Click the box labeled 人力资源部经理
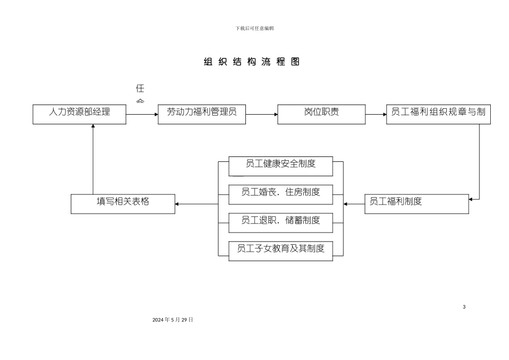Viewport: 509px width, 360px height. pos(79,114)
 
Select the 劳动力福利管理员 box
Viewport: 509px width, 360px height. pos(201,114)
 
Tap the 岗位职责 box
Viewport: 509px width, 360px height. pos(321,114)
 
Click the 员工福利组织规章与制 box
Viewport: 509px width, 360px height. pos(438,114)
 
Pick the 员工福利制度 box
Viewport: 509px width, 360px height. pos(416,203)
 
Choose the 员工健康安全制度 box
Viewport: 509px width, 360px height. pos(280,166)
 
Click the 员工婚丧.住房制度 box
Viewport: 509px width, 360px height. pos(280,194)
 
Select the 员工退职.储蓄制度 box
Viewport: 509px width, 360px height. pos(280,222)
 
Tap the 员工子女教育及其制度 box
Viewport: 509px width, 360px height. pos(280,250)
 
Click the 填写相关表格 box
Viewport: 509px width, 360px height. pos(123,204)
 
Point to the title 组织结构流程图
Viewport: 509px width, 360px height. pos(252,62)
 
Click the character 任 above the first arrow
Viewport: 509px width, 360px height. pos(140,88)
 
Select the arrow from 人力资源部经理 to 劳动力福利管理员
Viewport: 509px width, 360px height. pos(142,114)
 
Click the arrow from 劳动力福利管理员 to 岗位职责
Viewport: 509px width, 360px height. pos(261,114)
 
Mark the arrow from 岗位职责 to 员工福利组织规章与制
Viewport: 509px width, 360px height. pos(376,114)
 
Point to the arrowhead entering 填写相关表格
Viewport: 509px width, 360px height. pos(178,204)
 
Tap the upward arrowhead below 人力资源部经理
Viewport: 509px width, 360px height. pos(93,127)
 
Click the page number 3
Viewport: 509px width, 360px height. pos(464,306)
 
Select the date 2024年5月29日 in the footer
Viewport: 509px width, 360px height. pos(173,319)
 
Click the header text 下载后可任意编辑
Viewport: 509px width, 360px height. pos(254,28)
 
